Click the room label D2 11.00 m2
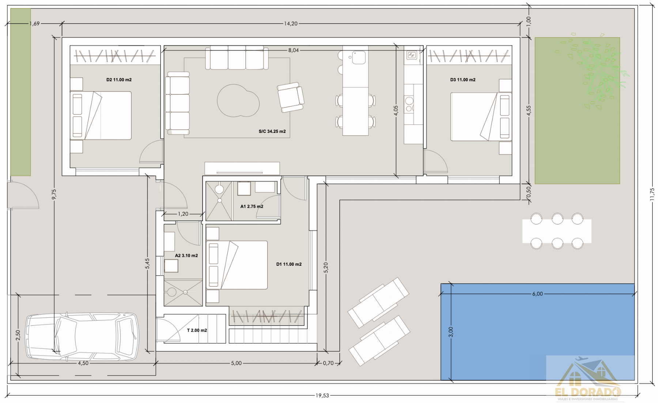tap(119, 80)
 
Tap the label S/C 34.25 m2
tap(272, 131)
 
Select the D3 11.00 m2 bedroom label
tap(463, 80)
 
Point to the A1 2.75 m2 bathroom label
tap(252, 206)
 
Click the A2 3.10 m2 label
tap(186, 255)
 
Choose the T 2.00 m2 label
tap(197, 330)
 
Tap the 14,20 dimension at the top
tap(291, 24)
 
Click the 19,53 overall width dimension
tap(322, 395)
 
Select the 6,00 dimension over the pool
tap(537, 294)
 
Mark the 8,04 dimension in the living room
tap(293, 51)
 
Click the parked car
tap(82, 336)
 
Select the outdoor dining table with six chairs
tap(556, 231)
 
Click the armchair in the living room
tap(291, 97)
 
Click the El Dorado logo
tap(588, 381)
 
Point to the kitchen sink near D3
tap(412, 56)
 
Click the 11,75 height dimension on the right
tap(652, 194)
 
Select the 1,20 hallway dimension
tap(183, 214)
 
